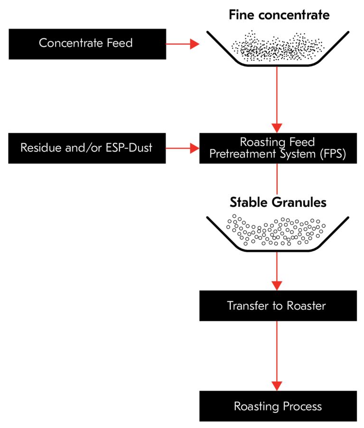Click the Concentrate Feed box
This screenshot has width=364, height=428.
coord(87,44)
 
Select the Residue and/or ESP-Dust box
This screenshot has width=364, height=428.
coord(87,148)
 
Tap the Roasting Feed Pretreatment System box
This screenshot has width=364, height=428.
coord(278,148)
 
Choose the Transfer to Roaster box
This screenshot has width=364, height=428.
coord(278,305)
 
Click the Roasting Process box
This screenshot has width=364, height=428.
coord(278,406)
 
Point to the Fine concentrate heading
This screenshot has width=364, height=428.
coord(279,15)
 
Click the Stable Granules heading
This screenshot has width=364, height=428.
coord(278,203)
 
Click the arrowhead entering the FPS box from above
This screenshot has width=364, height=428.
coord(278,127)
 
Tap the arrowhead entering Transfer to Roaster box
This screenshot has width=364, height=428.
coord(278,285)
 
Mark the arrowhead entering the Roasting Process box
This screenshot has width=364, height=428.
coord(278,386)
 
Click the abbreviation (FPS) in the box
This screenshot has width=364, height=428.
coord(330,154)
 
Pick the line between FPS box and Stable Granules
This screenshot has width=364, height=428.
coord(278,179)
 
